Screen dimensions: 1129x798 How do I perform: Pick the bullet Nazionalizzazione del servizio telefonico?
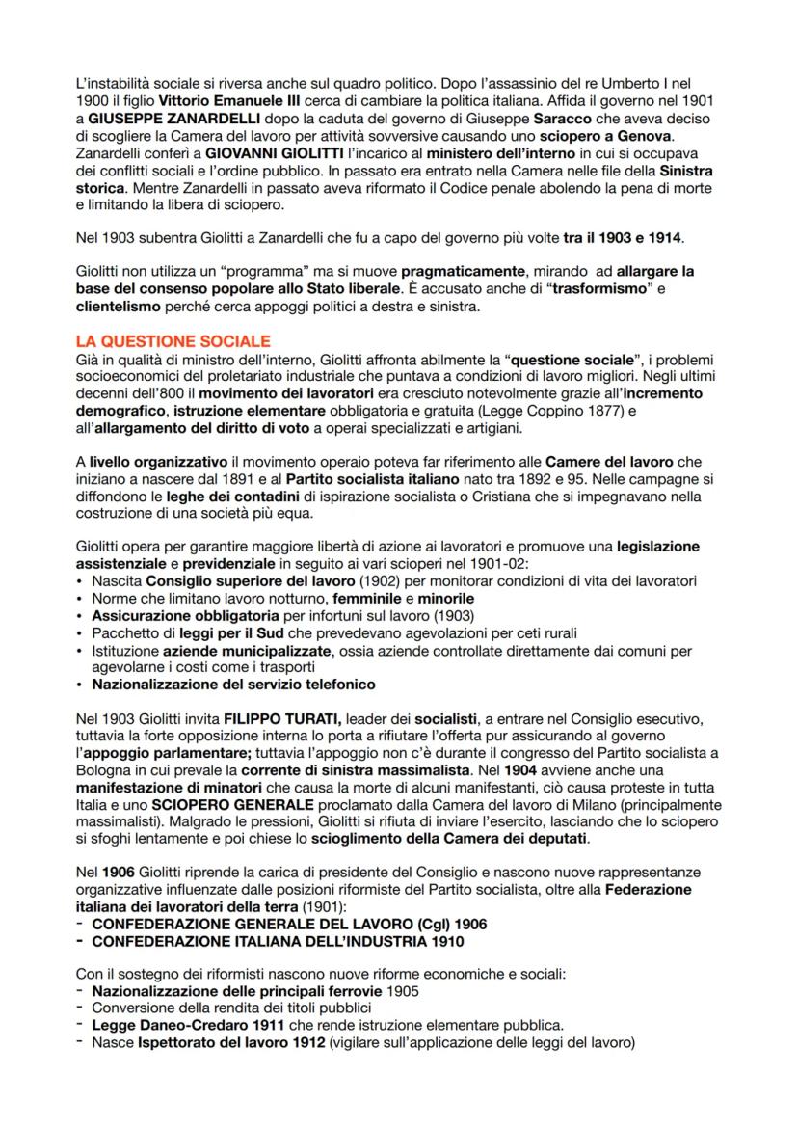pyautogui.click(x=233, y=684)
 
